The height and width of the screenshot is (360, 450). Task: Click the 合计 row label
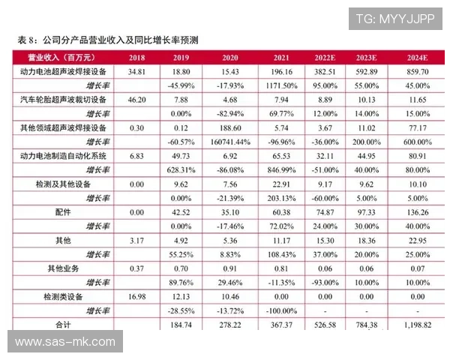click(64, 324)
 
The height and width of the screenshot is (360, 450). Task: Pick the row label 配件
click(64, 212)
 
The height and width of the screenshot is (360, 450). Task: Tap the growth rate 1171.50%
click(282, 85)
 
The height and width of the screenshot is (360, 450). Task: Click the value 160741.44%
click(229, 142)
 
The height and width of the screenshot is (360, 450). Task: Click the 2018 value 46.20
click(137, 99)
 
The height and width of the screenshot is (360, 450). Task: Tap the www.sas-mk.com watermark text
click(65, 342)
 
